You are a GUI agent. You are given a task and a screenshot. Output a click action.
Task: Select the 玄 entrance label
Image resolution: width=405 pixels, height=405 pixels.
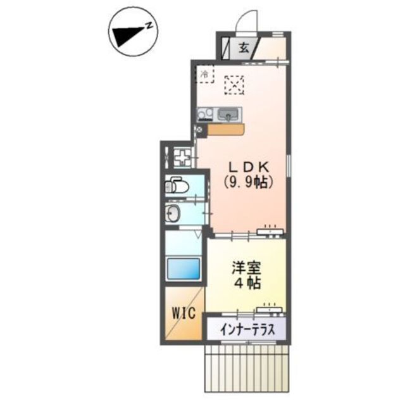coord(244,46)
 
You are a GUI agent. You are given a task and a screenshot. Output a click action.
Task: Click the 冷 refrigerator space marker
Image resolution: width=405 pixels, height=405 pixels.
coord(204,75)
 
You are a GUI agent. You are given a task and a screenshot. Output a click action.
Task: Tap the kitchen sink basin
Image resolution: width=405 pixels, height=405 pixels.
coord(228,115)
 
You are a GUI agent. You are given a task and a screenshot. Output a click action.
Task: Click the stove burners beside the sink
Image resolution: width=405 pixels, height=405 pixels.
coord(205,115)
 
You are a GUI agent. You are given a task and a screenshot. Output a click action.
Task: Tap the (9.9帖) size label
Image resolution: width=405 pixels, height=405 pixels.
coord(249,182)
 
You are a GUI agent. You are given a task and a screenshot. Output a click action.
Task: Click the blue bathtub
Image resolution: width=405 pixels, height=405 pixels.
coord(184,268)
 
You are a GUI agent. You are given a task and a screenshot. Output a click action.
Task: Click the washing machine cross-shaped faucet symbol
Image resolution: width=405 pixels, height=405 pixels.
coord(182,156)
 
